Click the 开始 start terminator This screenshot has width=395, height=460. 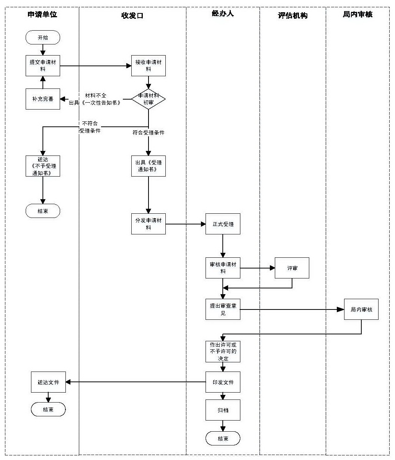pyautogui.click(x=43, y=38)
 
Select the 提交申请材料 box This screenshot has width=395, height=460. pyautogui.click(x=43, y=65)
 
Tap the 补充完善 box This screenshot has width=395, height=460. pyautogui.click(x=43, y=99)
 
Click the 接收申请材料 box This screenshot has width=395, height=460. pyautogui.click(x=149, y=65)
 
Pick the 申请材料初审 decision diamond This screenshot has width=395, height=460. pyautogui.click(x=149, y=99)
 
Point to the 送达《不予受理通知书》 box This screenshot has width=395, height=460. pyautogui.click(x=43, y=166)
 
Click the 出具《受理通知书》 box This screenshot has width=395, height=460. pyautogui.click(x=149, y=166)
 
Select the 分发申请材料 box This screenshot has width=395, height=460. pyautogui.click(x=149, y=224)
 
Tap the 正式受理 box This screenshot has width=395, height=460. pyautogui.click(x=223, y=224)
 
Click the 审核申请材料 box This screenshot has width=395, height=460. pyautogui.click(x=223, y=268)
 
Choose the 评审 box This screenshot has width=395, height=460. pyautogui.click(x=292, y=268)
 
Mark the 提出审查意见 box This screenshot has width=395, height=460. pyautogui.click(x=223, y=309)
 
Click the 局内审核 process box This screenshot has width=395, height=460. pyautogui.click(x=361, y=309)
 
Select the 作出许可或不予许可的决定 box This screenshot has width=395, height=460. pyautogui.click(x=223, y=351)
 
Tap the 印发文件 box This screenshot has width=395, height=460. pyautogui.click(x=223, y=382)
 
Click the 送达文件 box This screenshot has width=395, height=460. pyautogui.click(x=48, y=382)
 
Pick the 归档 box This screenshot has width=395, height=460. pyautogui.click(x=223, y=410)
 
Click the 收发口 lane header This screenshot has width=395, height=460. pyautogui.click(x=132, y=16)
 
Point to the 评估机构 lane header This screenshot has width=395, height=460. pyautogui.click(x=293, y=16)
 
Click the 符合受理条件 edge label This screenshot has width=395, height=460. pyautogui.click(x=149, y=133)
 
